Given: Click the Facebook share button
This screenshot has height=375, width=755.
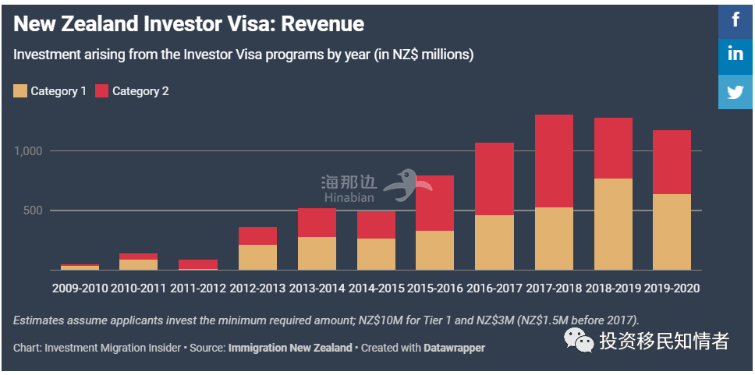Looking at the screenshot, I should [736, 19].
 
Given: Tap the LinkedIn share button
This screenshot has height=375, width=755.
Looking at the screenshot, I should [736, 55].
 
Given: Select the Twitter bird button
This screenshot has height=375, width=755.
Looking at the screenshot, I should [736, 91].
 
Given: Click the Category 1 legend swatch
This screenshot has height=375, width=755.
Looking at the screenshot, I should [20, 91].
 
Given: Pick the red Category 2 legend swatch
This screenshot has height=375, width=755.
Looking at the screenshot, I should [101, 91].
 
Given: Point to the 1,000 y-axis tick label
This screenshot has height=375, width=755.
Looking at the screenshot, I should [30, 151].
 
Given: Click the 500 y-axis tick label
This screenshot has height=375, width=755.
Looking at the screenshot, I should [34, 210].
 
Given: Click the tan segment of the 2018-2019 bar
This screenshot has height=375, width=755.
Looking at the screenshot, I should [613, 225].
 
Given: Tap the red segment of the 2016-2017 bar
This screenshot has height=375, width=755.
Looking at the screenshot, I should [494, 179].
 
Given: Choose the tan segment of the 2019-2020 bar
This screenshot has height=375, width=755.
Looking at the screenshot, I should [672, 232].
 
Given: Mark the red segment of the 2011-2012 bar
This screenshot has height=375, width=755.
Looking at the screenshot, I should [198, 264].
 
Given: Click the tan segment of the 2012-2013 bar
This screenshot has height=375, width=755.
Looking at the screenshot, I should [257, 257].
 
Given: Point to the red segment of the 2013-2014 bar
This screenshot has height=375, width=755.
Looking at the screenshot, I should [317, 222].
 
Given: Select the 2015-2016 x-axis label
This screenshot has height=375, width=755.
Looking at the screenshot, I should [435, 288].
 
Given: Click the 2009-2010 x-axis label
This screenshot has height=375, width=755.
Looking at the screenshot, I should [80, 288].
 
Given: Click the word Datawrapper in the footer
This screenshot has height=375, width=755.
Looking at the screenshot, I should [454, 348].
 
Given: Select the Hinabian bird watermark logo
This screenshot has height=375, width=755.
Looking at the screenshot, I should [412, 184].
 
